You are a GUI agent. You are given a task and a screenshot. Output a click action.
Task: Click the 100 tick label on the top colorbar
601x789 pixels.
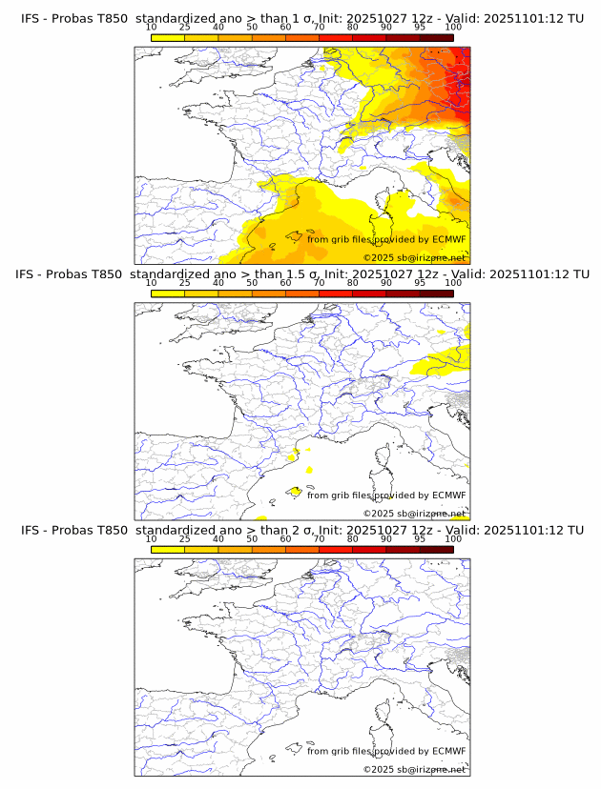point(453,28)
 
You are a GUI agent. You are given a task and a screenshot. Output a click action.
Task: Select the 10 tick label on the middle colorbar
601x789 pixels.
point(152,283)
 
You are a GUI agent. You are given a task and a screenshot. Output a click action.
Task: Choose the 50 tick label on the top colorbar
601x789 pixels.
point(252,28)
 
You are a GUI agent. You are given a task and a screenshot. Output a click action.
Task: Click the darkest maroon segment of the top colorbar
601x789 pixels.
point(436,37)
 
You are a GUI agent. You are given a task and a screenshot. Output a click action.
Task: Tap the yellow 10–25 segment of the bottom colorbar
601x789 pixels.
point(168,549)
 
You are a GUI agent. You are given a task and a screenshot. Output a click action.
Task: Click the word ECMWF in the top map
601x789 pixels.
point(448,239)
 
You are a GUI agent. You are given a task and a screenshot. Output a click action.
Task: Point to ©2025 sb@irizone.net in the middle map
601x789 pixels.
point(414,514)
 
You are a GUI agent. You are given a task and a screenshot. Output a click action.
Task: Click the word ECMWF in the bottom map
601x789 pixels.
point(448,751)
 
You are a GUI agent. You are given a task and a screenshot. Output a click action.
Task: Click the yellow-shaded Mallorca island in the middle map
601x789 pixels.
point(296,492)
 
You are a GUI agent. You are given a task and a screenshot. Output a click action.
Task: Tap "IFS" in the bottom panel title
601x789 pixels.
point(31,530)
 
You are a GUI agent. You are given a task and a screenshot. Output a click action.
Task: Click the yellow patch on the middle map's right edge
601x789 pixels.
point(448,360)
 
